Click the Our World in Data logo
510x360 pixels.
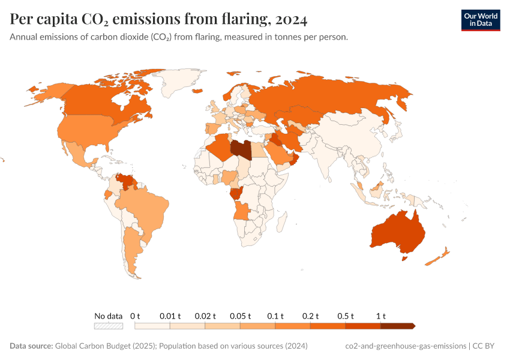coord(480,20)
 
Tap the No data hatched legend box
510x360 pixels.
coord(109,326)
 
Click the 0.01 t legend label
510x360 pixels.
coord(170,316)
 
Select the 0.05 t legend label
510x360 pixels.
coord(240,316)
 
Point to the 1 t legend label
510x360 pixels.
coord(380,316)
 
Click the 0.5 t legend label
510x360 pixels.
coord(345,316)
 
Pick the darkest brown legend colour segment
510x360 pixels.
coord(397,326)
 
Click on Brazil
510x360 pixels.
coord(144,210)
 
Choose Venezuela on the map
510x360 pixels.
coord(126,181)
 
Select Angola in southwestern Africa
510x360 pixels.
coord(242,211)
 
